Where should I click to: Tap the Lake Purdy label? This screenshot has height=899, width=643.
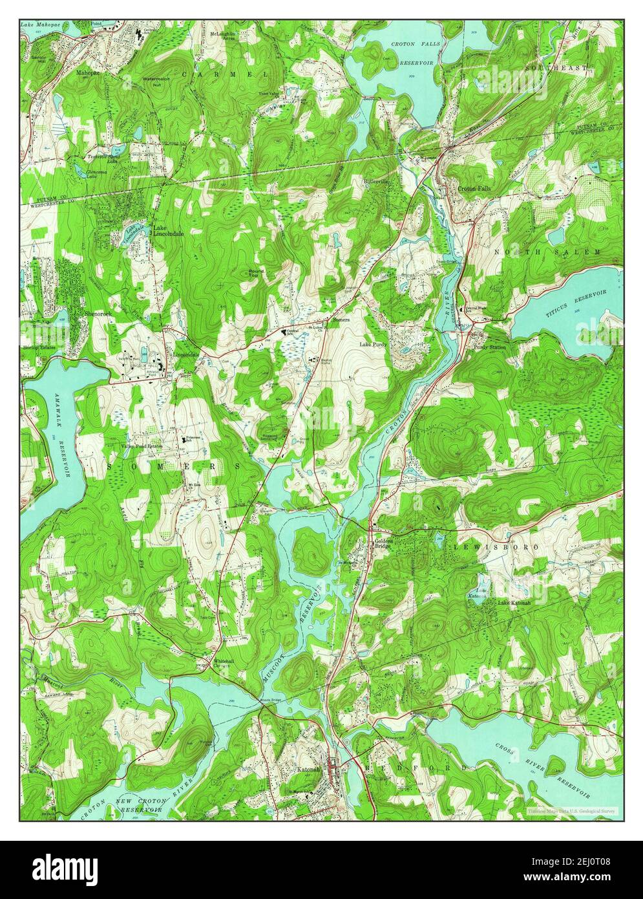click(374, 345)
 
